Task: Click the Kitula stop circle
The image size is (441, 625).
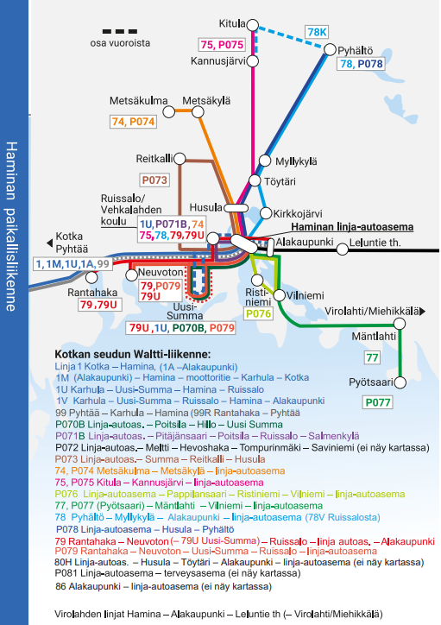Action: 253,25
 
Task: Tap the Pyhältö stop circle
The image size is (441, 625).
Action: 330,49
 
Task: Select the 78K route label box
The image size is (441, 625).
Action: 317,32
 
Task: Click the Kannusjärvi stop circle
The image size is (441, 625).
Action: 253,61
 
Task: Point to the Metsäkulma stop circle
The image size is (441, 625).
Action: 169,112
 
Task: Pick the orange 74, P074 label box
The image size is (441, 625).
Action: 133,122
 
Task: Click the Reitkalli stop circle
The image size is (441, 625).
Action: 180,159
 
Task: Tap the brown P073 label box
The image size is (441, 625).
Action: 154,180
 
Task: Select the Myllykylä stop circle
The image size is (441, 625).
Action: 265,161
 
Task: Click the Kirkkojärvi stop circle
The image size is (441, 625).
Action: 266,213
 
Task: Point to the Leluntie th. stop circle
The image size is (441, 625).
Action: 343,249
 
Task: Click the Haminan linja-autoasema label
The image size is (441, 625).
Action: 352,227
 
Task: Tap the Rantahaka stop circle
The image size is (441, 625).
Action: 91,277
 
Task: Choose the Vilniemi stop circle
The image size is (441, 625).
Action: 280,295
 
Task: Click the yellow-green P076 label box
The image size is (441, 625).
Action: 259,314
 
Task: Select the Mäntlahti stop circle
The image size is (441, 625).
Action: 400,324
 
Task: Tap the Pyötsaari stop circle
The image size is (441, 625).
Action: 400,382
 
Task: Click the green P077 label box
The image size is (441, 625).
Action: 378,402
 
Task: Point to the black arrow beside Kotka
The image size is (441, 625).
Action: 50,243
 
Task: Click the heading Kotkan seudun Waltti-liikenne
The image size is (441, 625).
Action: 133,354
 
